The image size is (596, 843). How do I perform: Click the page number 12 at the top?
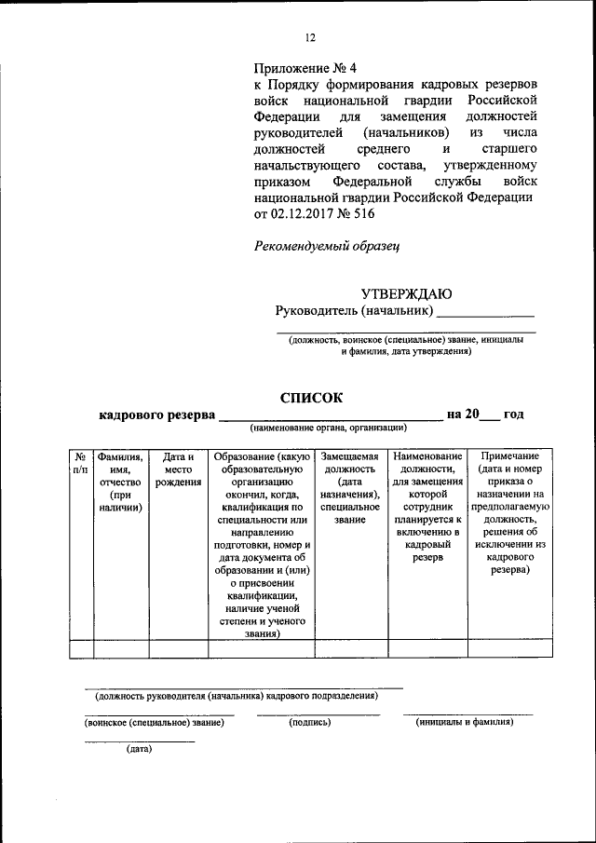click(x=310, y=37)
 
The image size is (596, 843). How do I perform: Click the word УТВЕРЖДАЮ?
click(x=406, y=293)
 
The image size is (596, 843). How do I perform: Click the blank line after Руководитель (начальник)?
click(x=485, y=311)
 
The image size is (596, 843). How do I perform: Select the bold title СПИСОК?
click(x=312, y=397)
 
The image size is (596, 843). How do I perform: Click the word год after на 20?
click(x=514, y=415)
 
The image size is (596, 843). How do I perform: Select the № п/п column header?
click(x=81, y=463)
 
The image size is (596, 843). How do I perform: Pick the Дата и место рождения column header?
click(x=178, y=469)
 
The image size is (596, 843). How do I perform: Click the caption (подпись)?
click(x=311, y=722)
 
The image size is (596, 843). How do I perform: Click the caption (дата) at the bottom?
click(x=139, y=748)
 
